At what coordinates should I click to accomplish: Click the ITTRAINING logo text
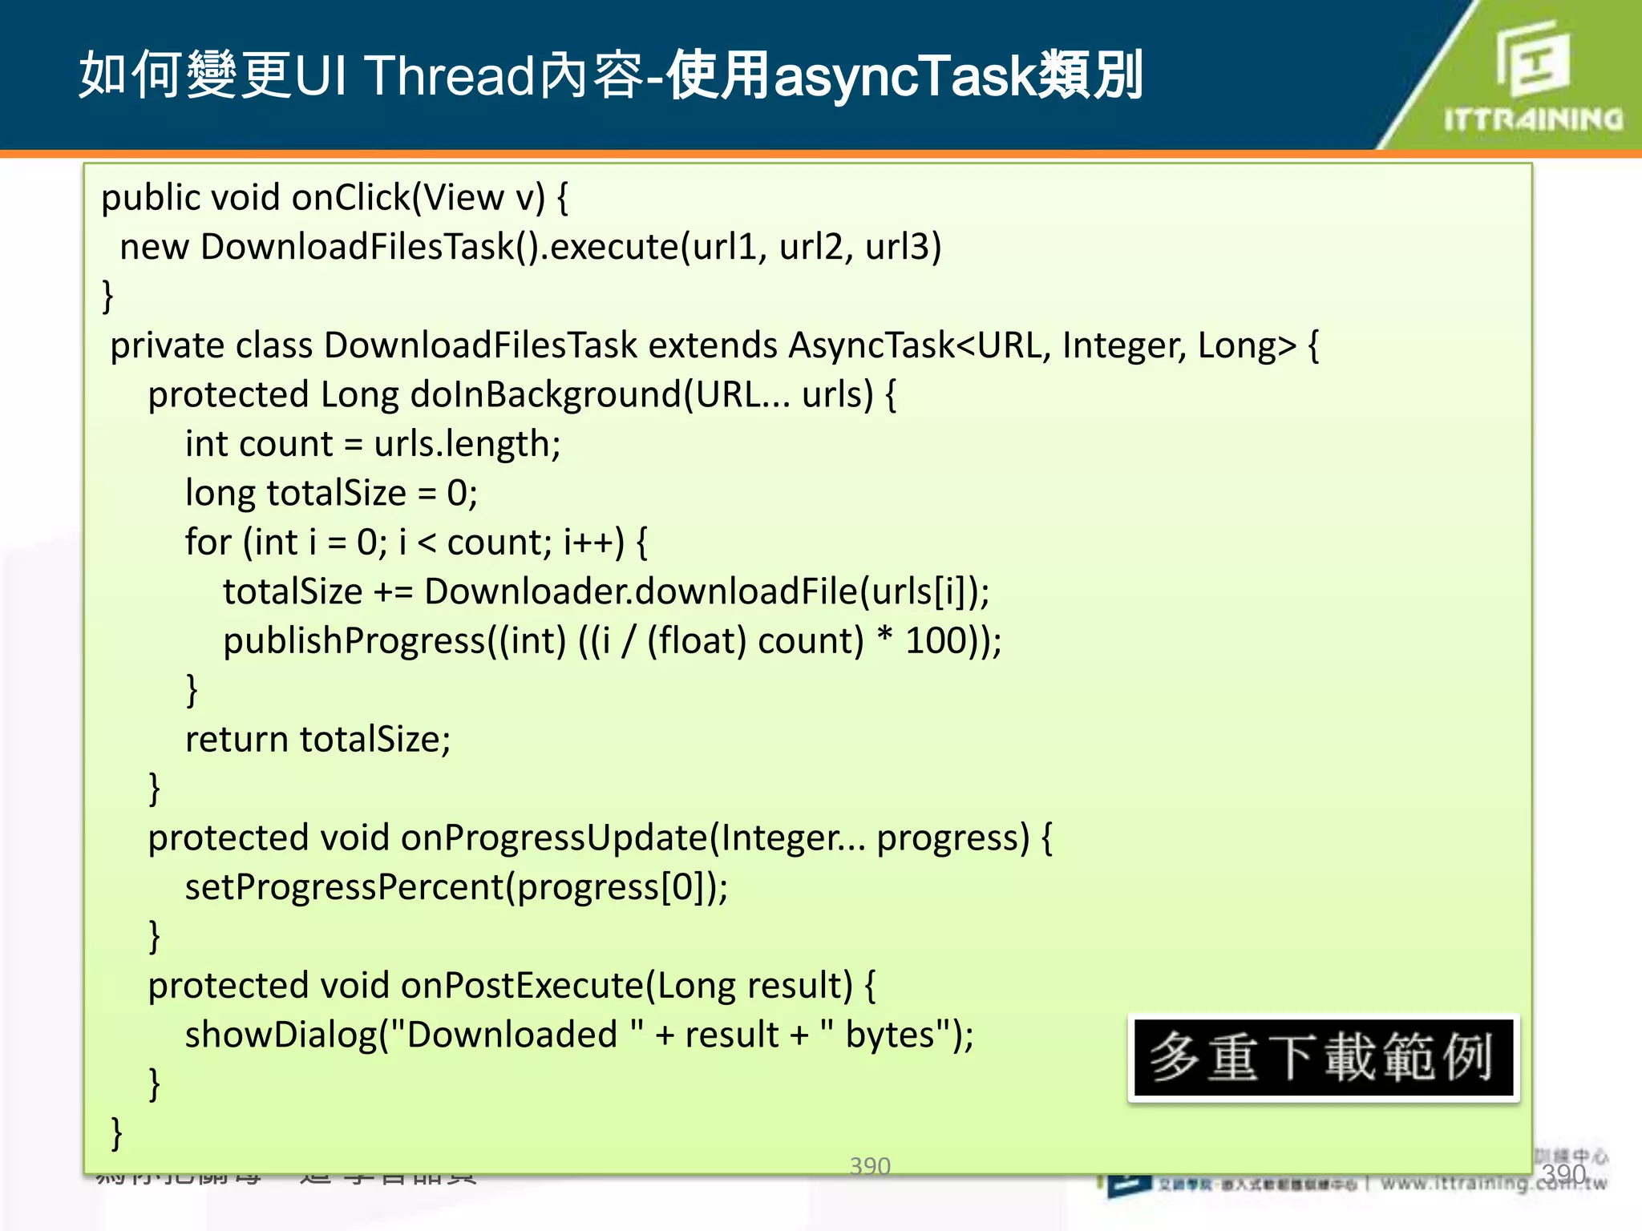tap(1533, 119)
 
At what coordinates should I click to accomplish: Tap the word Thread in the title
tap(450, 76)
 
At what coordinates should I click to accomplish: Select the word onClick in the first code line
tap(351, 197)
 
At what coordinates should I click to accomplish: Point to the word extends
tap(712, 345)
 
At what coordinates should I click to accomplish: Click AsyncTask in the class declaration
tap(872, 345)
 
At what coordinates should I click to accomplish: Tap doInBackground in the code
tap(545, 395)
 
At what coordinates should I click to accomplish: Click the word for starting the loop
tap(208, 543)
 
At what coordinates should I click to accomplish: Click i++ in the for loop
tap(592, 543)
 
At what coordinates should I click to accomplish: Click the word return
tap(237, 739)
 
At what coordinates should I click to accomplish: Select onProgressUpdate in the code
tap(553, 838)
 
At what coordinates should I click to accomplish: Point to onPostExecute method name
tap(522, 986)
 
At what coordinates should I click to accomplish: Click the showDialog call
tap(281, 1035)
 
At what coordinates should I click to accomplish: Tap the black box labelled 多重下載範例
tap(1323, 1058)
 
